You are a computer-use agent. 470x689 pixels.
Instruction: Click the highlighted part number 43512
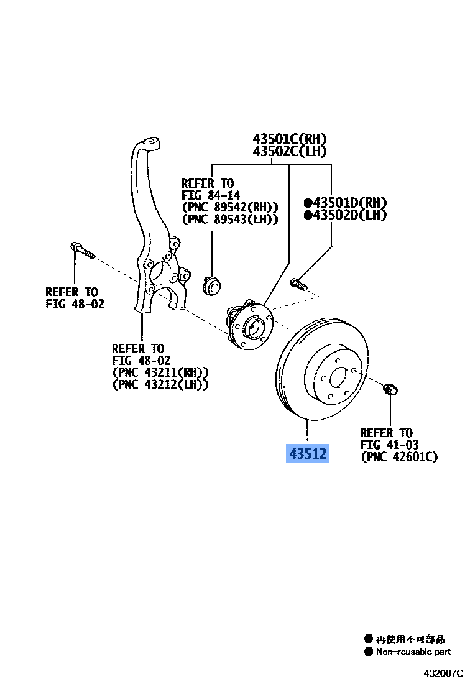(306, 454)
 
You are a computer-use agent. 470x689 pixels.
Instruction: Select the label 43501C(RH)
(289, 139)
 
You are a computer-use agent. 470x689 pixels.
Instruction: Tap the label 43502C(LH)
(289, 151)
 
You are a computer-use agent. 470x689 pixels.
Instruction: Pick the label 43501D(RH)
(345, 203)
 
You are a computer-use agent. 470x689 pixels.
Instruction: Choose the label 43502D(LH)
(345, 215)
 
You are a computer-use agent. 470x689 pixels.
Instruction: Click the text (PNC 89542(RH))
(230, 207)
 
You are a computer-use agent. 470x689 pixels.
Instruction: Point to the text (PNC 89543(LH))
(230, 220)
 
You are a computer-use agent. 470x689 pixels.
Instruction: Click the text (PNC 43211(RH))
(160, 372)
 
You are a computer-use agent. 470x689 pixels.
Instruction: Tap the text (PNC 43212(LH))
(160, 384)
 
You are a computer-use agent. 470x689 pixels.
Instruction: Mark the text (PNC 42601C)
(399, 457)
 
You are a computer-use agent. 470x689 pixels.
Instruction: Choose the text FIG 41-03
(389, 445)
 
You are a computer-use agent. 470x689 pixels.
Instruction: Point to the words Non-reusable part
(413, 652)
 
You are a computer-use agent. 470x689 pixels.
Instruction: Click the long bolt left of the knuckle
(81, 250)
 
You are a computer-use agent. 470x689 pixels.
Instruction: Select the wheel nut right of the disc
(391, 391)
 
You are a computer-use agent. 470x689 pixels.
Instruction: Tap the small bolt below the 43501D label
(297, 284)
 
